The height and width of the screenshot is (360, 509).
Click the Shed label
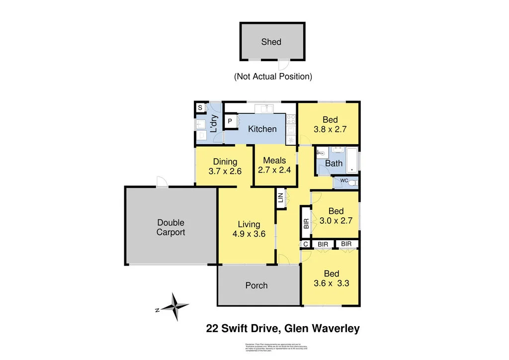tap(271, 42)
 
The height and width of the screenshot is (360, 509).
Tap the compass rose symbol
tap(174, 306)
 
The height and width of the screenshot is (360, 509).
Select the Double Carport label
tap(170, 227)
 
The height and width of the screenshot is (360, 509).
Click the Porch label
tap(256, 285)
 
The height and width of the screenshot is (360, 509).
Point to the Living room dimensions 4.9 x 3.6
tap(247, 234)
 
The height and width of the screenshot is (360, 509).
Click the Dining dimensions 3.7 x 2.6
tap(225, 171)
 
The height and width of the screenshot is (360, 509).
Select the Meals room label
tap(274, 160)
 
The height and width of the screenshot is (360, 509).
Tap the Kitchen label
tap(262, 129)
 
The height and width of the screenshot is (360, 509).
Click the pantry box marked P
tap(231, 121)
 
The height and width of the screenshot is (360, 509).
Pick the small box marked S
tap(200, 108)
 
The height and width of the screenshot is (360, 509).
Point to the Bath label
tap(334, 163)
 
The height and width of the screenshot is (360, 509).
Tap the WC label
tap(343, 181)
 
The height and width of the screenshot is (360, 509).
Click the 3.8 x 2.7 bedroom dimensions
tap(330, 129)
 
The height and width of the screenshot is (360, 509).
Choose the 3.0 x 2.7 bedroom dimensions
tap(336, 220)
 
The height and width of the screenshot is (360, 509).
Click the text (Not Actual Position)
tap(273, 77)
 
